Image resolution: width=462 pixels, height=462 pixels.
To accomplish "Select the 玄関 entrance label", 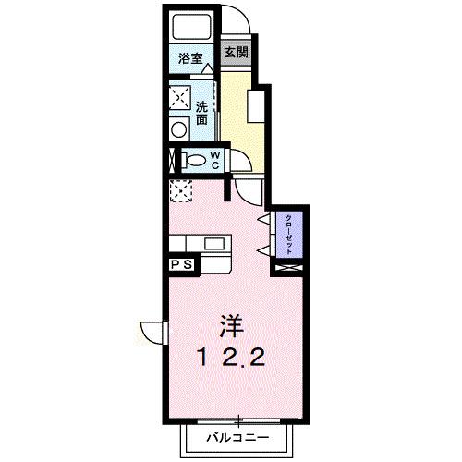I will (x=237, y=52).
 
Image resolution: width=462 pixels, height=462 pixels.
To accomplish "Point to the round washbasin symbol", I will (x=178, y=131).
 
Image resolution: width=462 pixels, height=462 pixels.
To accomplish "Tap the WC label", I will (x=214, y=160).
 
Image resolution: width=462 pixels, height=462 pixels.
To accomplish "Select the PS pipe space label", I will (x=180, y=264).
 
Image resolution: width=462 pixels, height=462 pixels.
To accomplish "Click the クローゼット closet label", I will (x=289, y=230).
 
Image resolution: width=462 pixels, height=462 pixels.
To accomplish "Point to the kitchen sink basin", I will (x=215, y=244).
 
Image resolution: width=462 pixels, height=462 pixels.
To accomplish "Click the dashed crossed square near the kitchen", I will (x=180, y=191).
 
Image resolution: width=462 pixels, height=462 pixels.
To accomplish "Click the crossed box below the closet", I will (x=289, y=267).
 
